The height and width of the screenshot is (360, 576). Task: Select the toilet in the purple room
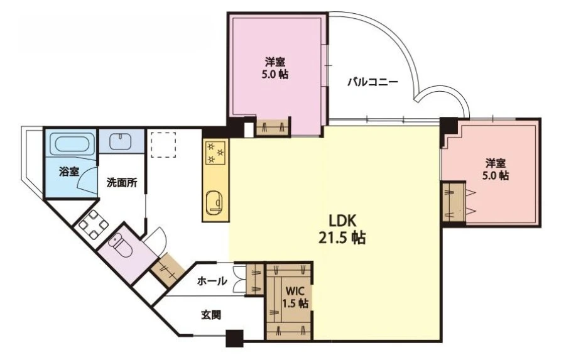[121, 246]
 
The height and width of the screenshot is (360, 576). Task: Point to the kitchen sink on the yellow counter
[215, 202]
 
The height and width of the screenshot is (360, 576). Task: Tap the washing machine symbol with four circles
[94, 224]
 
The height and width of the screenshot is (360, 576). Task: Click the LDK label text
[342, 221]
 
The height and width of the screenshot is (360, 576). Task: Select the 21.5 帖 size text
[342, 238]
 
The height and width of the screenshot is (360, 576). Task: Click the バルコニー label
[373, 81]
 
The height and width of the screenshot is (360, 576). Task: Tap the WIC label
[295, 292]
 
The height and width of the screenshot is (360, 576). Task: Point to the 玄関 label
[211, 315]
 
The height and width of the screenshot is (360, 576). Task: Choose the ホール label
[212, 281]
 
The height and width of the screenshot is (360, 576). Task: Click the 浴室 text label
[69, 171]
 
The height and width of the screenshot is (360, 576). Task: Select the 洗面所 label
[122, 183]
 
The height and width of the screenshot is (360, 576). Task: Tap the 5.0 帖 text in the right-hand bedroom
[496, 175]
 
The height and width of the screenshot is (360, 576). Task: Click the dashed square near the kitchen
[163, 145]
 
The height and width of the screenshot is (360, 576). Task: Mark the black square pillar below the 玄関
[234, 339]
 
